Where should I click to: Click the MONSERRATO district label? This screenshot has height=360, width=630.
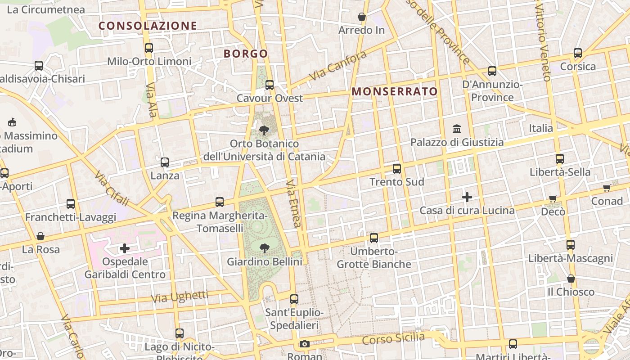pyautogui.click(x=395, y=92)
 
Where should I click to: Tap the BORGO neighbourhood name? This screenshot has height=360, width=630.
pyautogui.click(x=246, y=54)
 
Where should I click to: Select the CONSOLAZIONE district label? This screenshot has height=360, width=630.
pyautogui.click(x=148, y=26)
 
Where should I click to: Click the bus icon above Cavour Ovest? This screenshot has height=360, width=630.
pyautogui.click(x=270, y=85)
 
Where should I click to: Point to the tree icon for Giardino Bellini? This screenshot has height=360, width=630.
pyautogui.click(x=265, y=248)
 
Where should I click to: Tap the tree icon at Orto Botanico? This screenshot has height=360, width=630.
pyautogui.click(x=264, y=130)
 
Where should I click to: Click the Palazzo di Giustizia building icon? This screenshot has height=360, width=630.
pyautogui.click(x=457, y=129)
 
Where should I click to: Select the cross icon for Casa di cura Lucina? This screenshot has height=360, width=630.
pyautogui.click(x=467, y=197)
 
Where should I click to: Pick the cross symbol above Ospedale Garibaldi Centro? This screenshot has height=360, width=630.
pyautogui.click(x=125, y=248)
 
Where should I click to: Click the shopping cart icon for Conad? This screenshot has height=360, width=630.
pyautogui.click(x=607, y=188)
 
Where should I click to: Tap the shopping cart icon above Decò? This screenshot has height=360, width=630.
pyautogui.click(x=553, y=198)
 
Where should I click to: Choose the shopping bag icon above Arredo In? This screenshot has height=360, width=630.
pyautogui.click(x=361, y=17)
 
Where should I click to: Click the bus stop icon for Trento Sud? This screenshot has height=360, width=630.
pyautogui.click(x=396, y=169)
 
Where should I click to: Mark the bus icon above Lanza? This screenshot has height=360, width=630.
pyautogui.click(x=165, y=162)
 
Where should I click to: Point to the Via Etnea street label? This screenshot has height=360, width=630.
pyautogui.click(x=293, y=204)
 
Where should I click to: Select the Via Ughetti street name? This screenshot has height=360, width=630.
pyautogui.click(x=180, y=297)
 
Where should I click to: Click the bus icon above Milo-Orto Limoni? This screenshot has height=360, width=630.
pyautogui.click(x=149, y=48)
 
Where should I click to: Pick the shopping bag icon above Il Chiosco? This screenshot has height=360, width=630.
pyautogui.click(x=571, y=279)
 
